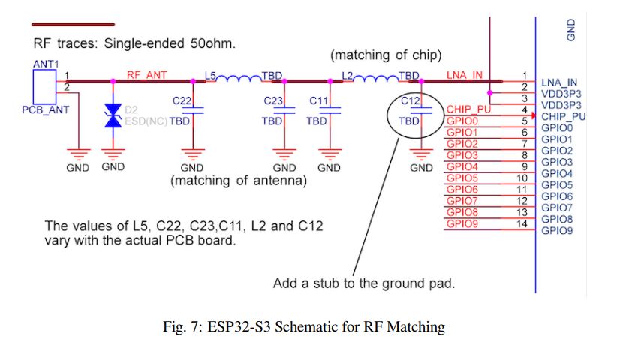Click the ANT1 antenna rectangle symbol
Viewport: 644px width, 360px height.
44,87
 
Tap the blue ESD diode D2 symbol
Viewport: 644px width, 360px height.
113,115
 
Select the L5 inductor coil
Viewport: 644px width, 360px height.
239,79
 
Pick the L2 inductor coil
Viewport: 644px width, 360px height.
376,79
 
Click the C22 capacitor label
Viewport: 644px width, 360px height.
182,100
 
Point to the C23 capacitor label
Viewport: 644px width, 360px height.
273,100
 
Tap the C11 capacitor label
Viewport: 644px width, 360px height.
319,100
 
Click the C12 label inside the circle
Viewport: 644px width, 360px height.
411,100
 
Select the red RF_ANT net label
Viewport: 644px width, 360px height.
146,75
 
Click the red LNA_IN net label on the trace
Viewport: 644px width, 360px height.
465,75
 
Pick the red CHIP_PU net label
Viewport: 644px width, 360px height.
468,109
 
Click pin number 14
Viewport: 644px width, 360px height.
522,223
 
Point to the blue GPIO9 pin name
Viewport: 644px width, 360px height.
557,231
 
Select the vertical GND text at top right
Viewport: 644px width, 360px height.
571,30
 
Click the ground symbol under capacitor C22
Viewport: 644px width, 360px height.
193,154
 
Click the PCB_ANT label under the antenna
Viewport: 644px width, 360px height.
46,110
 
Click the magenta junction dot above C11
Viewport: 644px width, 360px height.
330,81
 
